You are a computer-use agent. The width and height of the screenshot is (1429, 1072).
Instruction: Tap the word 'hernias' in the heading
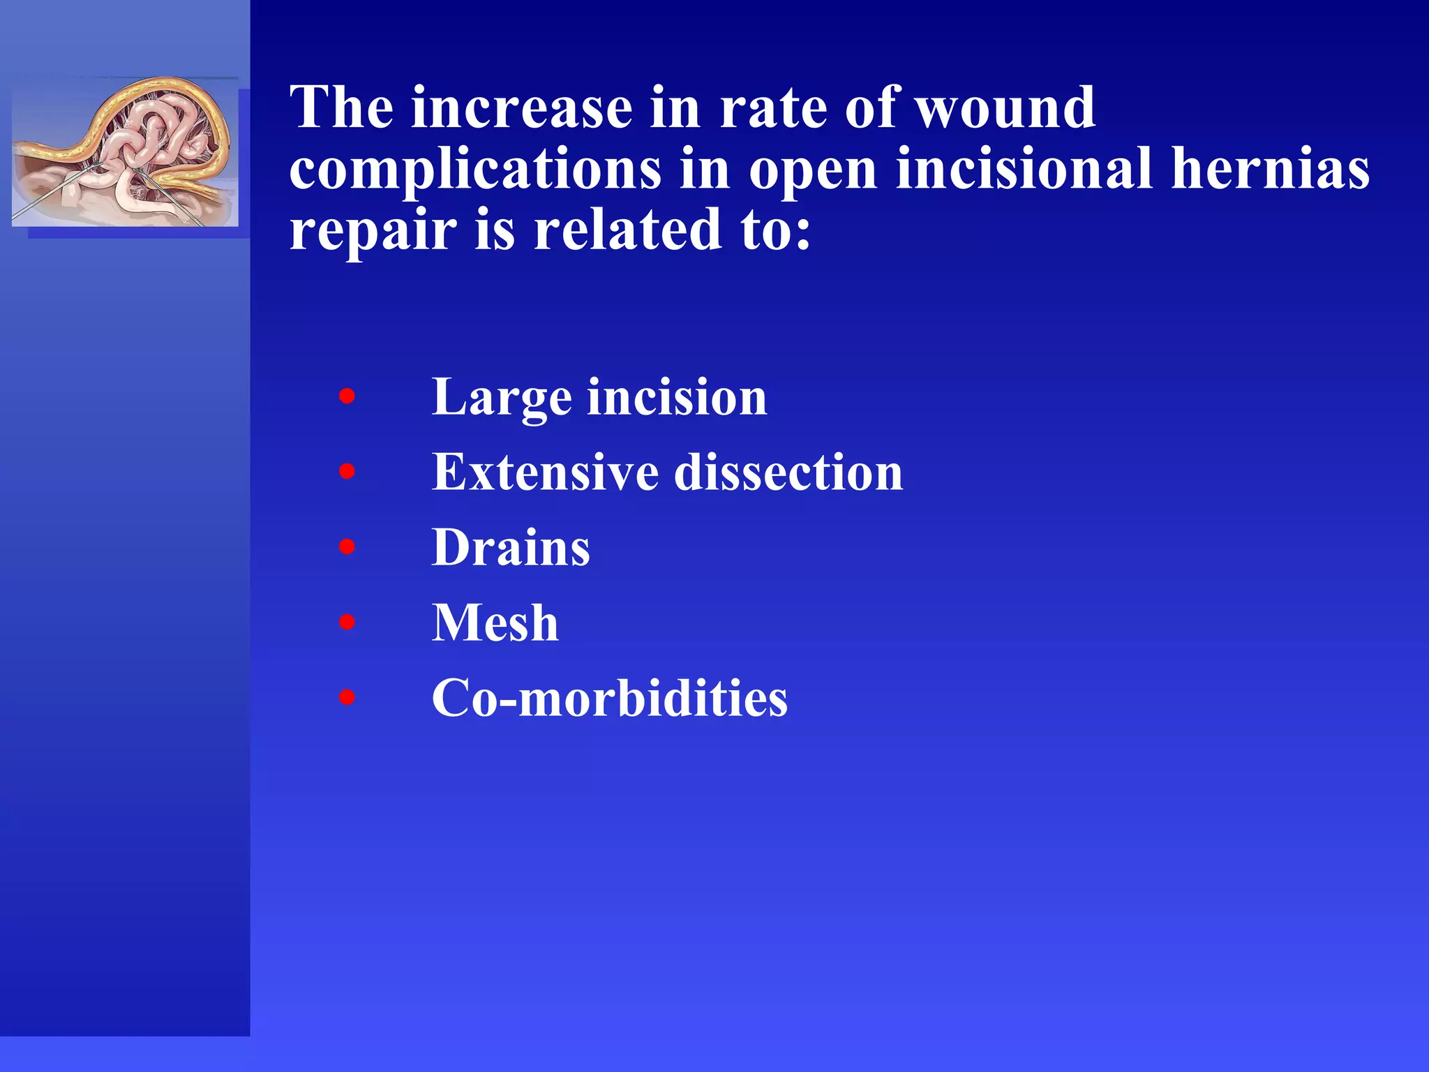pos(1270,169)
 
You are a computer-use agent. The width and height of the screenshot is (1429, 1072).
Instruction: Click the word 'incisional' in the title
pos(1024,169)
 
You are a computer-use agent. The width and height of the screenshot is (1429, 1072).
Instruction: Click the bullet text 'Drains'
pos(511,548)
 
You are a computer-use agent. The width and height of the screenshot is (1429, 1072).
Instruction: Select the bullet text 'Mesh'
pos(495,623)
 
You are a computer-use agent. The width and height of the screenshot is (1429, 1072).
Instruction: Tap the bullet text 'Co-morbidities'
pos(609,698)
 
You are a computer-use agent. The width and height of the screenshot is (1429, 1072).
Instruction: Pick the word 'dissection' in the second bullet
pos(788,472)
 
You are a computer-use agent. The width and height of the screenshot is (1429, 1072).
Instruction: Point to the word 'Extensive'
pos(544,472)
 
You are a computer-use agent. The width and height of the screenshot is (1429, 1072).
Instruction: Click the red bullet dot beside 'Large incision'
pos(347,397)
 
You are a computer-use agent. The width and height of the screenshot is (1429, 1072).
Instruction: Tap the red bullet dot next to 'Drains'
pos(347,547)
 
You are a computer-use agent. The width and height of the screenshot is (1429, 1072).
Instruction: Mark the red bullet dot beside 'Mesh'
pos(347,622)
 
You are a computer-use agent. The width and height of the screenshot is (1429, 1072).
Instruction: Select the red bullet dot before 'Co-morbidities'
pos(347,697)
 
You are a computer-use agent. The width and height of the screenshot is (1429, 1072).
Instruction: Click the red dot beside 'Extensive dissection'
pos(347,472)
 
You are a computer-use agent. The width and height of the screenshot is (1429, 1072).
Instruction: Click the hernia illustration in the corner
pos(125,153)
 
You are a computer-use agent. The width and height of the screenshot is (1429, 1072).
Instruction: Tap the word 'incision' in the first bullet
pos(677,397)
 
